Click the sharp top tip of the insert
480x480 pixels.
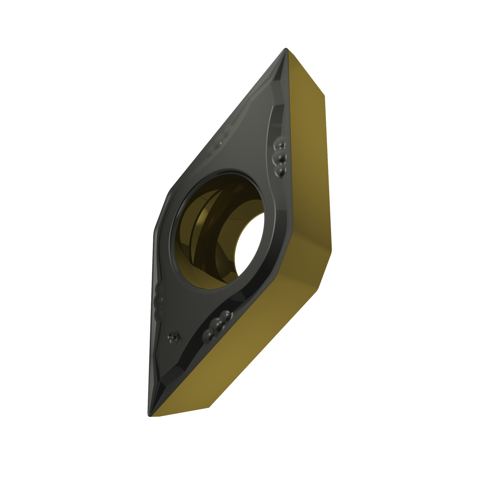pyautogui.click(x=284, y=50)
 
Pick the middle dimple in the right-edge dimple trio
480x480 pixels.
pyautogui.click(x=281, y=157)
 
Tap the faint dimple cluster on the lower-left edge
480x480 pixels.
pyautogui.click(x=159, y=299)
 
